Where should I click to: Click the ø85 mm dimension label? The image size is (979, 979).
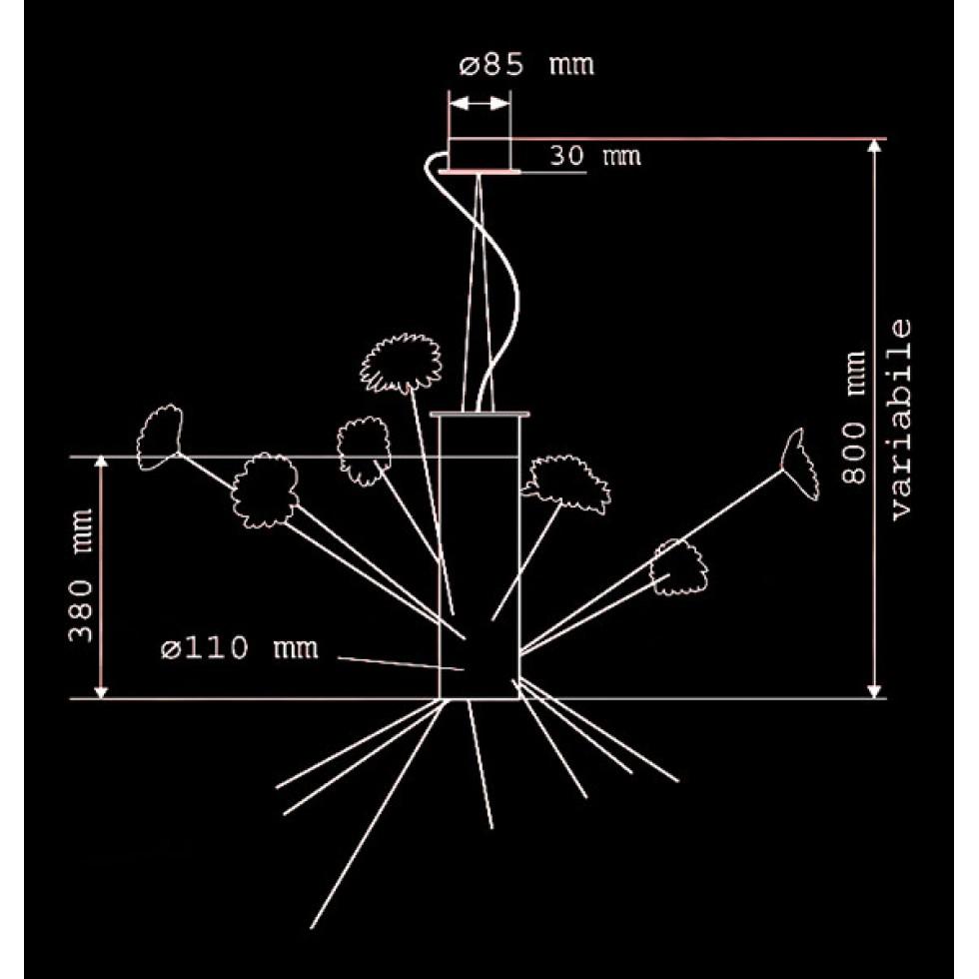tap(525, 66)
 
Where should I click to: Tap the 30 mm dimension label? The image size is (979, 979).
tap(594, 156)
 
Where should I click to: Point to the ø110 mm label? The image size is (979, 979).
tap(239, 648)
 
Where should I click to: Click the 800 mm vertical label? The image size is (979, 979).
tap(854, 418)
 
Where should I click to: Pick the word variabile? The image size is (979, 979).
tap(901, 418)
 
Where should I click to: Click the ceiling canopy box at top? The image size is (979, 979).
tap(480, 153)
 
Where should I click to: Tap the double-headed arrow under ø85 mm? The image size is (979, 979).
tap(480, 103)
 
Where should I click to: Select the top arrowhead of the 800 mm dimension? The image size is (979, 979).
tap(875, 146)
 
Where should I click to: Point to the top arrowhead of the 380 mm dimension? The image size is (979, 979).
tap(101, 465)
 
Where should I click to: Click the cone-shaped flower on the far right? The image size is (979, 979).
tap(800, 465)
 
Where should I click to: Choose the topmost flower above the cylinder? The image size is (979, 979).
tap(401, 364)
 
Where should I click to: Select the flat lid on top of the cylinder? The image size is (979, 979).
tap(480, 413)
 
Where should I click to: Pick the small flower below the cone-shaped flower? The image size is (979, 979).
tap(679, 566)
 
